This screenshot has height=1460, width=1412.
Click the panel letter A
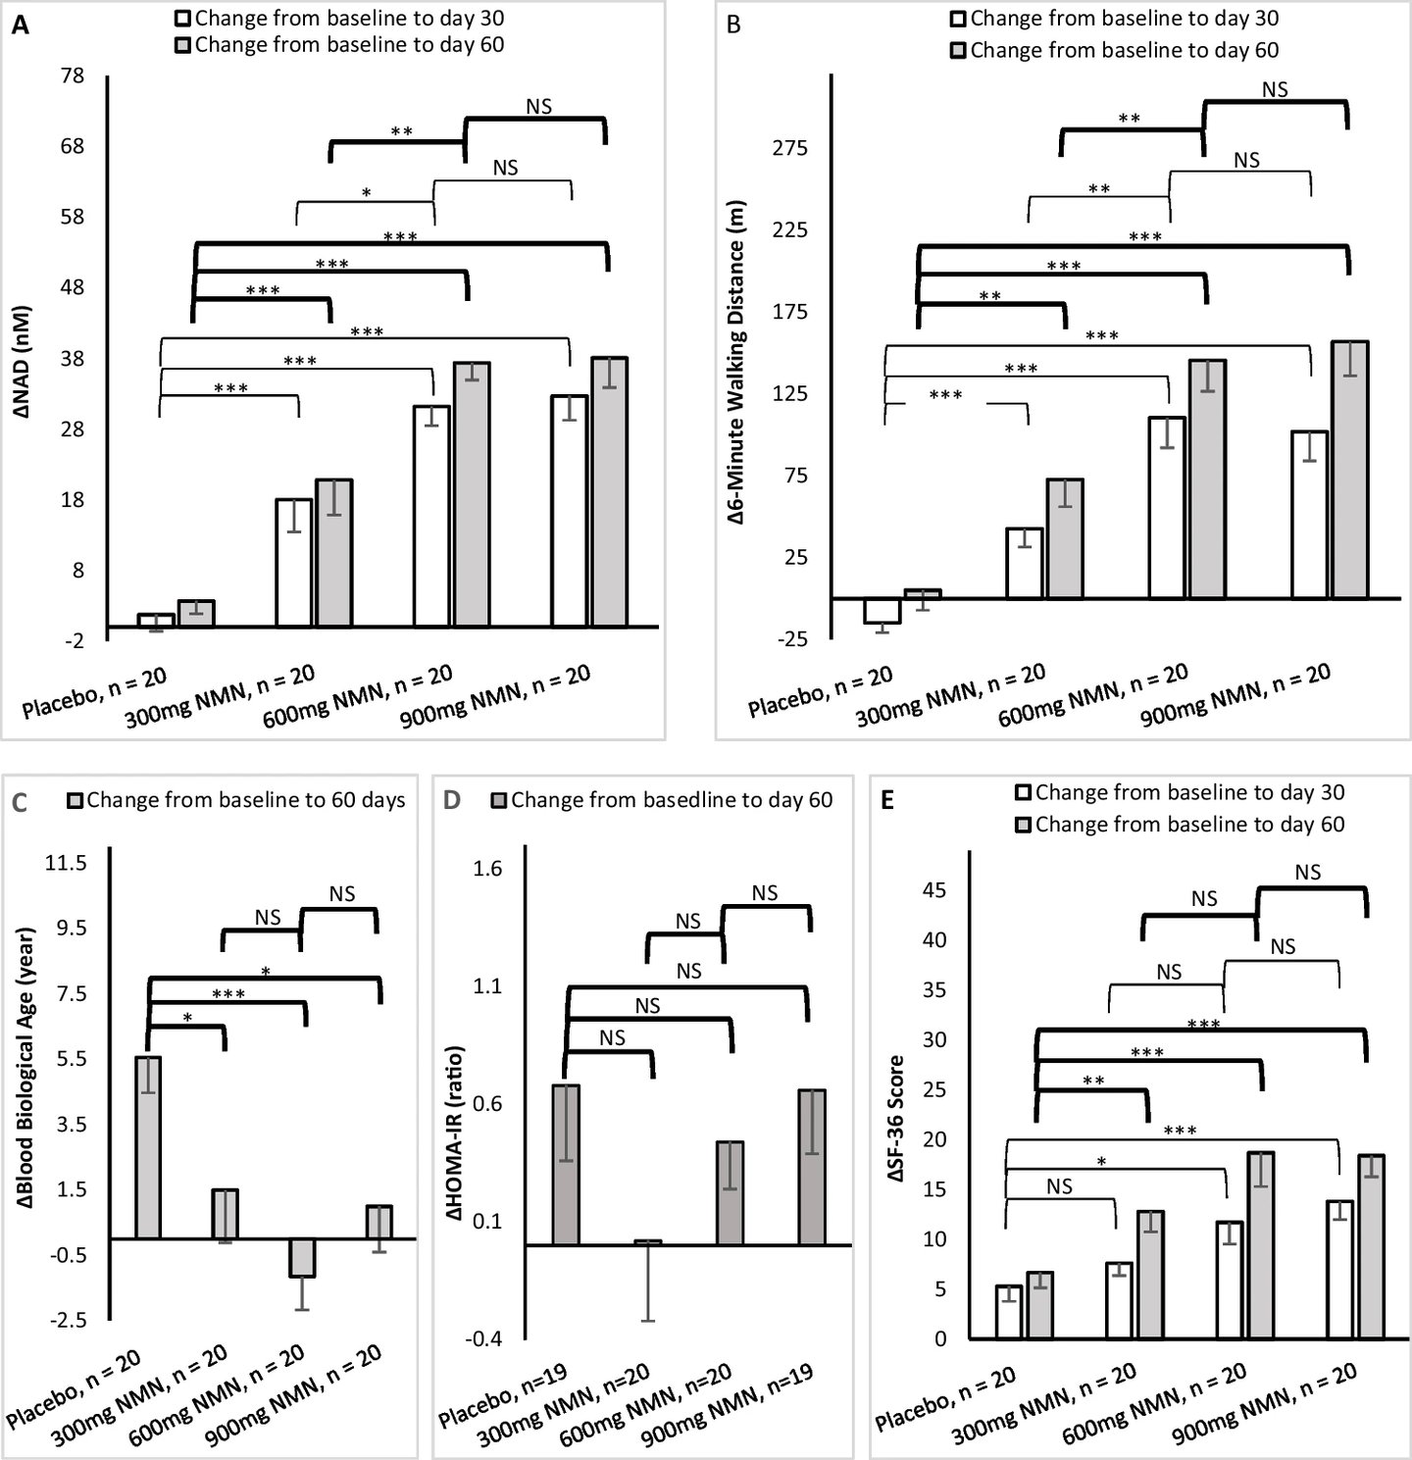pos(20,26)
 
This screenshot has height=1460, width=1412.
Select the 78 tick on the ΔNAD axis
pos(74,76)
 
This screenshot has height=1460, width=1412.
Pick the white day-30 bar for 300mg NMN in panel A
pos(293,563)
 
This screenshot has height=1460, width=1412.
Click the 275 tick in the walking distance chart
pos(789,148)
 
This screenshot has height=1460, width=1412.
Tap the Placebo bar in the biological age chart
pos(148,1147)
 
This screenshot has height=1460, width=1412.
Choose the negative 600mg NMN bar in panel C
pos(302,1258)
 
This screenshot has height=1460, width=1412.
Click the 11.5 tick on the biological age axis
pos(67,864)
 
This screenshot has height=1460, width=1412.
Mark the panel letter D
pos(452,801)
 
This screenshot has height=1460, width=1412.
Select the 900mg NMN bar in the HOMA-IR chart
pos(812,1167)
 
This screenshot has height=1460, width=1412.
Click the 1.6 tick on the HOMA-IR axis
pos(487,869)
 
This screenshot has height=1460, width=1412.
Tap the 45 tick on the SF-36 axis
pos(933,890)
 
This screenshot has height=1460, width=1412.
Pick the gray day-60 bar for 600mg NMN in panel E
pos(1260,1245)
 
